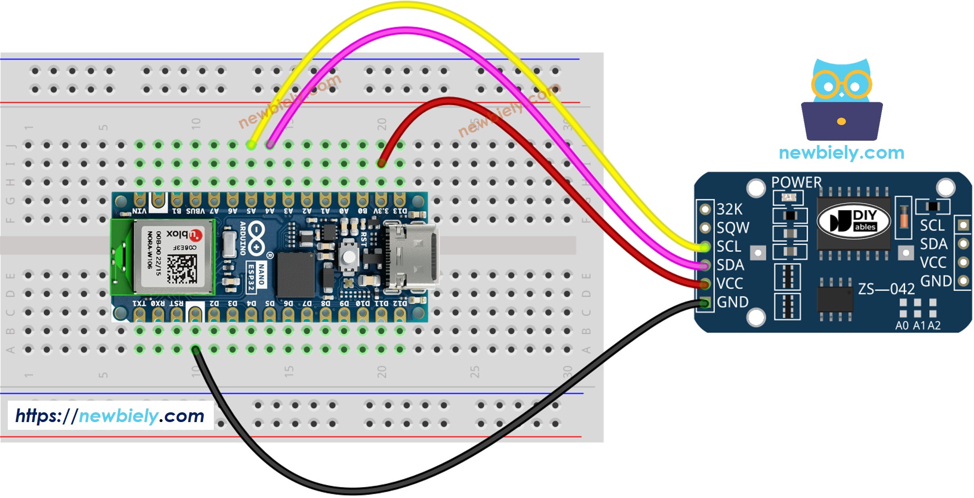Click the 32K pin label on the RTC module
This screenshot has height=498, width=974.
(729, 209)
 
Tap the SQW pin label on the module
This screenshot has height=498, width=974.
(732, 228)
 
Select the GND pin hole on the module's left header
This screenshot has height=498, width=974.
(705, 303)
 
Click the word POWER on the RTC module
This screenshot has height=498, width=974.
(796, 183)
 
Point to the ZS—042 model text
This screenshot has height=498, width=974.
(886, 289)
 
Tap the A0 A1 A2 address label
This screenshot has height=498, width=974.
(918, 326)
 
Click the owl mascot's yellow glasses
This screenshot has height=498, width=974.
(842, 85)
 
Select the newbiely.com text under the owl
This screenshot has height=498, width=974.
(841, 153)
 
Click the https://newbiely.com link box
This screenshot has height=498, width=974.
(111, 416)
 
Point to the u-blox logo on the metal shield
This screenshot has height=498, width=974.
(184, 235)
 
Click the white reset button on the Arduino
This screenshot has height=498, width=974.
(348, 257)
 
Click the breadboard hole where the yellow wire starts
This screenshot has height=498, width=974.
(251, 145)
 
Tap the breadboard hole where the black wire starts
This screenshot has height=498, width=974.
(195, 349)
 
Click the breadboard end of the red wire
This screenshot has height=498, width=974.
(381, 164)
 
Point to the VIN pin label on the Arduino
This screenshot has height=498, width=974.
(139, 211)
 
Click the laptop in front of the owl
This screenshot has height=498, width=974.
(842, 121)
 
